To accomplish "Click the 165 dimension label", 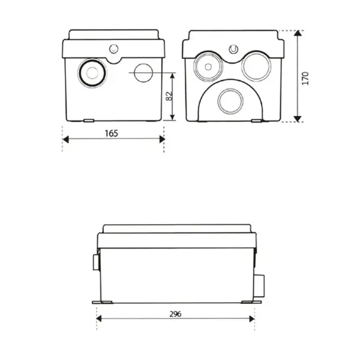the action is (x=112, y=133).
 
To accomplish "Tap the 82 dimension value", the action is (x=169, y=96).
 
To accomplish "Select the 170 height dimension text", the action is (x=305, y=78).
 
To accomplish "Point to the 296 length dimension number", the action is (x=175, y=314).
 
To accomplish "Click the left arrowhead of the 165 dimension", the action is (x=66, y=139).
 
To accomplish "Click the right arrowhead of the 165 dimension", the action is (x=162, y=139).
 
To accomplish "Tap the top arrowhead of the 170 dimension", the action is (x=297, y=33).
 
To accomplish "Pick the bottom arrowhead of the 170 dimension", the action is (x=297, y=119).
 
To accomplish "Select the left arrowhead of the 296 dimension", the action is (x=99, y=319).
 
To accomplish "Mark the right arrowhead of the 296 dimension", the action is (x=252, y=319).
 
